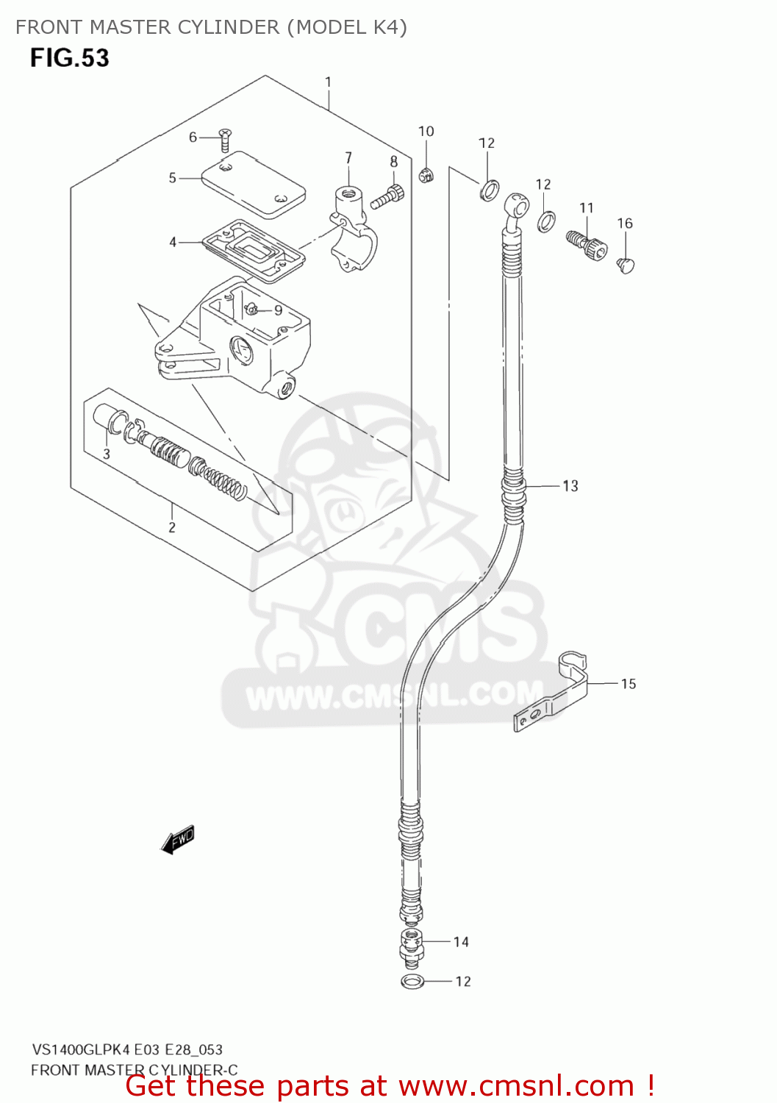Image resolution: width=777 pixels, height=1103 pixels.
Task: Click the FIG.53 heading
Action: click(x=70, y=58)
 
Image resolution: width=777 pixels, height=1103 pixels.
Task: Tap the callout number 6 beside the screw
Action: click(x=193, y=137)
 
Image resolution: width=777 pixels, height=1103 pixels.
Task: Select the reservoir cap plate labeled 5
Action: click(x=253, y=184)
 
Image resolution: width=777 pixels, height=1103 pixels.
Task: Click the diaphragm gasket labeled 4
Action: click(x=254, y=250)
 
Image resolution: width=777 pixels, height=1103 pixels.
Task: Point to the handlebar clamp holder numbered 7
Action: click(x=353, y=228)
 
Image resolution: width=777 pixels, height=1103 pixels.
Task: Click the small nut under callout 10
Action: click(x=426, y=175)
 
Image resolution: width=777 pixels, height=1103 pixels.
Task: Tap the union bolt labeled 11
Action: click(x=587, y=244)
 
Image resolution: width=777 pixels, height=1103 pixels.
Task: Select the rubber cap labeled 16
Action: click(x=626, y=264)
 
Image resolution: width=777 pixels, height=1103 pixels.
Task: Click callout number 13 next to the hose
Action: click(x=570, y=485)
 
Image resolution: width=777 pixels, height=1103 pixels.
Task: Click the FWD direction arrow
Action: click(x=178, y=840)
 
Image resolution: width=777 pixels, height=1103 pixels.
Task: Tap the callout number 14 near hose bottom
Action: click(x=461, y=942)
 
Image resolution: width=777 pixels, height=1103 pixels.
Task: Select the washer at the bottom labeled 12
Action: click(x=412, y=981)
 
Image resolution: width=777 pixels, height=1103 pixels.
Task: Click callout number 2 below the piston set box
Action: click(x=172, y=527)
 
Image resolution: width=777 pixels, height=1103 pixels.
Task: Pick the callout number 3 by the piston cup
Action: click(x=107, y=454)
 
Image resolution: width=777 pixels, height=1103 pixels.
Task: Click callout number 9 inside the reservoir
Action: click(x=279, y=310)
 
